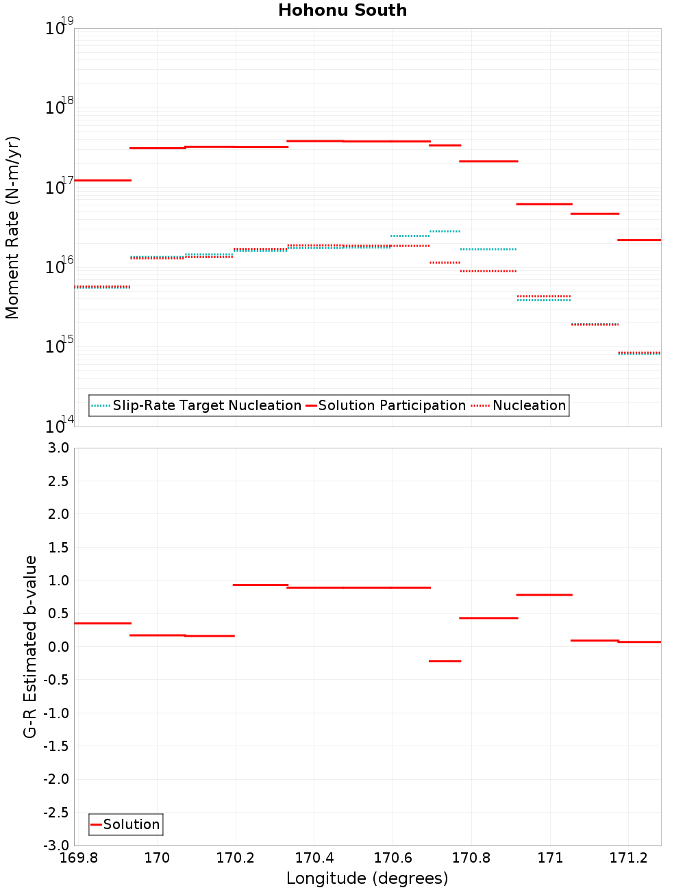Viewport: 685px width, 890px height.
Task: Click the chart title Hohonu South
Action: point(342,10)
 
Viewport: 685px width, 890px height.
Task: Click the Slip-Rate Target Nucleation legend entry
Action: point(206,405)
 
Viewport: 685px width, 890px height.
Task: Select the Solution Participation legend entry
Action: point(392,405)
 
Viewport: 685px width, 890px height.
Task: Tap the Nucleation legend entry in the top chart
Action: point(529,405)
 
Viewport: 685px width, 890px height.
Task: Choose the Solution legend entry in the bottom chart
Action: point(131,824)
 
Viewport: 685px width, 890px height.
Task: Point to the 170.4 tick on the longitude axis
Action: point(314,858)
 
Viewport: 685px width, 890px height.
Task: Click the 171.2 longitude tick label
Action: point(628,858)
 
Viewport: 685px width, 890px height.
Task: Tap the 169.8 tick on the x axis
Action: point(79,858)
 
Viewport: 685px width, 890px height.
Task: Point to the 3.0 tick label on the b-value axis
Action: point(58,448)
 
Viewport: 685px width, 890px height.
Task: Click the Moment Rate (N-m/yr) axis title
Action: point(12,227)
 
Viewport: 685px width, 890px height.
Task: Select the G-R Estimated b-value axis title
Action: point(30,646)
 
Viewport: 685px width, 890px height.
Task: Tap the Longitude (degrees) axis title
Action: point(367,878)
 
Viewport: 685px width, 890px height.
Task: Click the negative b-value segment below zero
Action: point(445,661)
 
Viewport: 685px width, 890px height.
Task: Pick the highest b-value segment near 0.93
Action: point(260,585)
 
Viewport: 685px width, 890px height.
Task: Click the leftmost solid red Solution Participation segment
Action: point(103,180)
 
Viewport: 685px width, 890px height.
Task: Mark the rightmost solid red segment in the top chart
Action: point(639,240)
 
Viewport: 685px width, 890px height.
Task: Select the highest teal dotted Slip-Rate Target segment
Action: point(445,231)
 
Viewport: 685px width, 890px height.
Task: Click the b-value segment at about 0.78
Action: point(544,595)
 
